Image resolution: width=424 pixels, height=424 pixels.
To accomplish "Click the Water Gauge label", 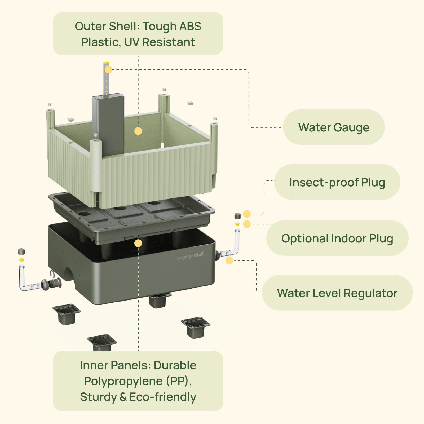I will [334, 127].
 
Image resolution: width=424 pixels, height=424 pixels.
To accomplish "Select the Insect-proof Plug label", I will [337, 182].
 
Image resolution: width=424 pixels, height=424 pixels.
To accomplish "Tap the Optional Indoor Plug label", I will [337, 238].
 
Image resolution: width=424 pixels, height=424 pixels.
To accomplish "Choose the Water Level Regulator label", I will [337, 293].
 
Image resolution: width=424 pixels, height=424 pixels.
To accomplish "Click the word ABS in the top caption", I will [190, 26].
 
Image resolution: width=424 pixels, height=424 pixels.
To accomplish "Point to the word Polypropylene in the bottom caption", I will [123, 381].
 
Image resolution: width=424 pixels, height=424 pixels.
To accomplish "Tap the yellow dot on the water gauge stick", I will [108, 70].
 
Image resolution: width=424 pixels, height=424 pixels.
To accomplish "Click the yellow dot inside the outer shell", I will [138, 131].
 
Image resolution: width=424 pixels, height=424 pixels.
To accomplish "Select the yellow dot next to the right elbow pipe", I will [229, 260].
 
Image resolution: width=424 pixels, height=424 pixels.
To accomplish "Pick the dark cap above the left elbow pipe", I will [21, 251].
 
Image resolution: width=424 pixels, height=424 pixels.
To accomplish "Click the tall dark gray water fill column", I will [109, 125].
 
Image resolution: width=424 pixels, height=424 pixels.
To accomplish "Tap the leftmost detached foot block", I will [66, 314].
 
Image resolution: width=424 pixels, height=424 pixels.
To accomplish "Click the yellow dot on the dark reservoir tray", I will [138, 243].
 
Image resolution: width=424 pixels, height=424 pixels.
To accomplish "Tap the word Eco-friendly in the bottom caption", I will [163, 397].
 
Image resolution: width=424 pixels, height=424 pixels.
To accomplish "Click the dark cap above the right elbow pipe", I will [237, 216].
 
